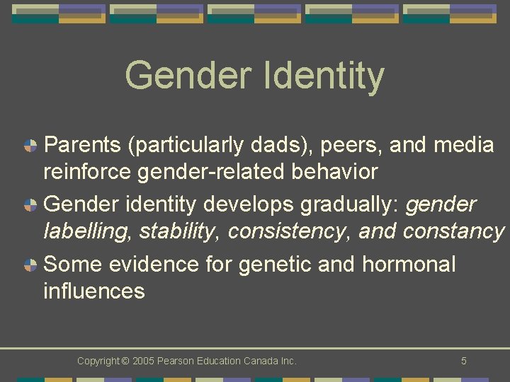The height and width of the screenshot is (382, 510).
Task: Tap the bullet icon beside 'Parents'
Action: coord(30,146)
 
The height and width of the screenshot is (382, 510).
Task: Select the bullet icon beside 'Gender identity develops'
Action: coord(30,206)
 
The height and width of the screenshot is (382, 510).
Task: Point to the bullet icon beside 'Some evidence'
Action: coord(30,265)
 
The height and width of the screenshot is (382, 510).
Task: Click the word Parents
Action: coord(84,145)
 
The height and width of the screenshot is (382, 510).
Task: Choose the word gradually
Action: coord(349,205)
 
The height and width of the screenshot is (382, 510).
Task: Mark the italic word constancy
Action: coord(453,231)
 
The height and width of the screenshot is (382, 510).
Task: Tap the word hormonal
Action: coord(409,264)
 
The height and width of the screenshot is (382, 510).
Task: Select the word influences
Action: coord(94,291)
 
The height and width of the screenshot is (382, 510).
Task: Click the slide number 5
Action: coord(463,361)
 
